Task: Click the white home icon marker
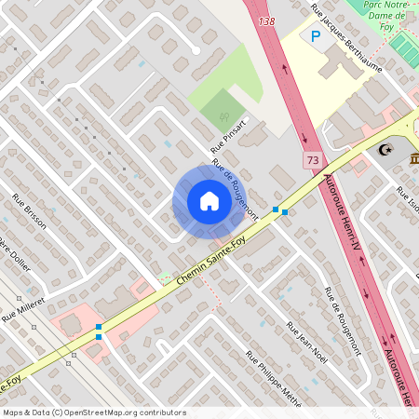tap(209, 201)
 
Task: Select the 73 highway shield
tap(311, 161)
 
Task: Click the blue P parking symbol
tap(316, 36)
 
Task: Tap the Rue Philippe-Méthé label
tap(274, 378)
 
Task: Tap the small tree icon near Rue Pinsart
tap(223, 116)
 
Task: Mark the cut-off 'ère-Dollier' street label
tap(15, 254)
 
